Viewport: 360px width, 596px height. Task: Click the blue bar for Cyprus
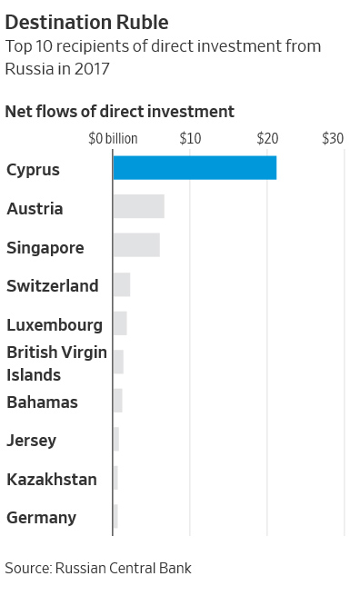[195, 168]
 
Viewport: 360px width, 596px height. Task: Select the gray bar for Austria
[138, 206]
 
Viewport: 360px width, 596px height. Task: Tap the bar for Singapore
[136, 245]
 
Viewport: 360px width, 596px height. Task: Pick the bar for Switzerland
[122, 284]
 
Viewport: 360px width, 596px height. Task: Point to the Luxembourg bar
[120, 323]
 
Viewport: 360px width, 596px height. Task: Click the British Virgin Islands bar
[118, 362]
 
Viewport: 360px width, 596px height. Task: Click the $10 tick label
[190, 138]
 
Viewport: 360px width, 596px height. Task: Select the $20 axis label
[266, 138]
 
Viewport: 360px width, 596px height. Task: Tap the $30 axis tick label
[333, 138]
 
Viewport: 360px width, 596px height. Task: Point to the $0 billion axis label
[113, 138]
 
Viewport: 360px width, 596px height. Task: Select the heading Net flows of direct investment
[120, 111]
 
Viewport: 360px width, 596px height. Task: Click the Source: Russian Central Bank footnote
[98, 568]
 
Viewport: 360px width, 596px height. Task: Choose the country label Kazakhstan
[52, 479]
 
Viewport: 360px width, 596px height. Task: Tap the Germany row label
[42, 518]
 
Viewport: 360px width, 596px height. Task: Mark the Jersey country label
[32, 441]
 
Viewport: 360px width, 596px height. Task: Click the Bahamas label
[43, 402]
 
